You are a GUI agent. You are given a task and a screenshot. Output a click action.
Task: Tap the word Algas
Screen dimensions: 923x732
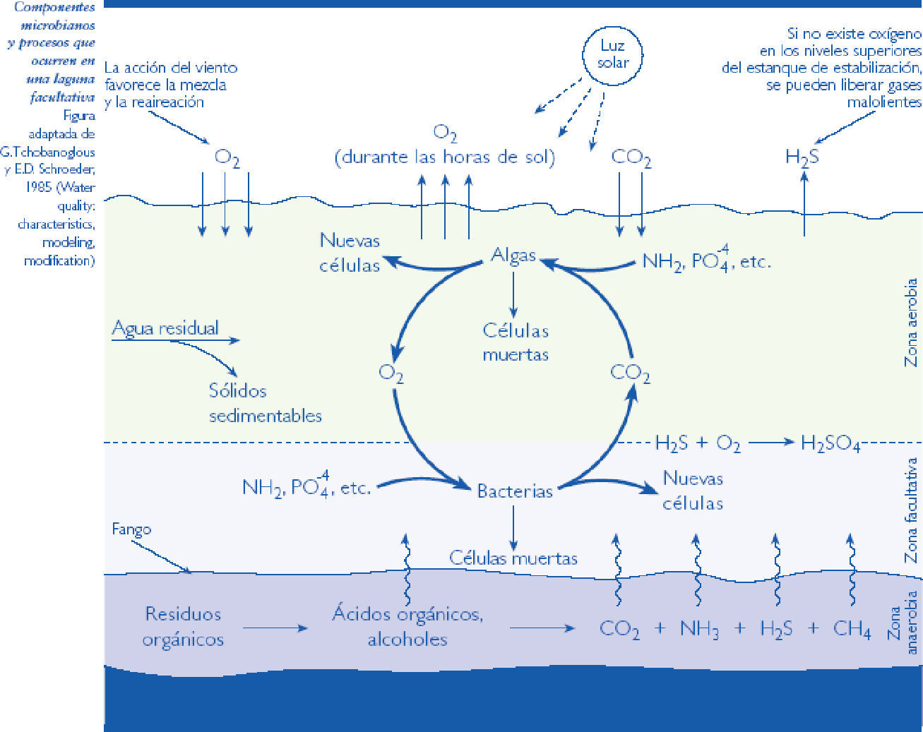(x=513, y=256)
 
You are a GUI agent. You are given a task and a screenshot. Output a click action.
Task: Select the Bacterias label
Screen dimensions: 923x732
(x=515, y=491)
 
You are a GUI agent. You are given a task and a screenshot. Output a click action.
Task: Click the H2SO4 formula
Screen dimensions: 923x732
(x=830, y=443)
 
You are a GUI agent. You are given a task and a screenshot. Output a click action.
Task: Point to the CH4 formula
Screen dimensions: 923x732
(x=852, y=629)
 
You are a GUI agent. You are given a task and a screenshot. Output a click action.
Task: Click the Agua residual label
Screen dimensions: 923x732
(x=165, y=328)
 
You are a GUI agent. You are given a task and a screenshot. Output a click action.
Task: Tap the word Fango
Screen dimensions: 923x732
(x=131, y=529)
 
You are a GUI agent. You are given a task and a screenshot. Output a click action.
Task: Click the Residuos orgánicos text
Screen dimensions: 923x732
(x=183, y=627)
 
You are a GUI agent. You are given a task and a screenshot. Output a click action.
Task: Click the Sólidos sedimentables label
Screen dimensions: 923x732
(x=265, y=403)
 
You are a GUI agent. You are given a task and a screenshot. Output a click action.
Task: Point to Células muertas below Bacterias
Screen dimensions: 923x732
(x=513, y=558)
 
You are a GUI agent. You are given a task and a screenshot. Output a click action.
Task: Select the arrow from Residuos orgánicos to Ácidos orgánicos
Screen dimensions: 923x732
(x=275, y=628)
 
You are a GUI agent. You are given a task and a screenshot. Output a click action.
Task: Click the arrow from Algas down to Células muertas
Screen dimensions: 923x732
(x=513, y=295)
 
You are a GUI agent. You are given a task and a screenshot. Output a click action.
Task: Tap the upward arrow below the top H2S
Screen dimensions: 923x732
(x=804, y=203)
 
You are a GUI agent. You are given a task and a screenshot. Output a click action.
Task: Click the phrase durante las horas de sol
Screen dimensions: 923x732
(x=445, y=157)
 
